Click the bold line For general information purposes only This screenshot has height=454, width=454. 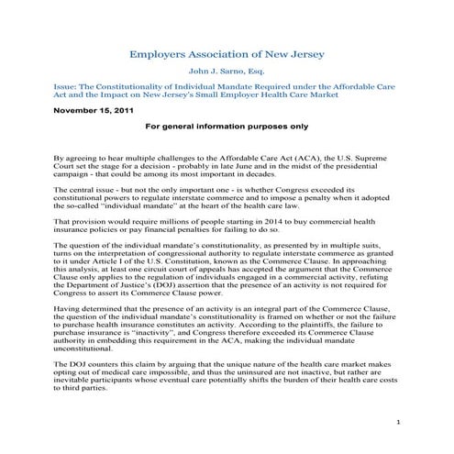(227, 126)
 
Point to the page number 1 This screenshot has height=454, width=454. (401, 420)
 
